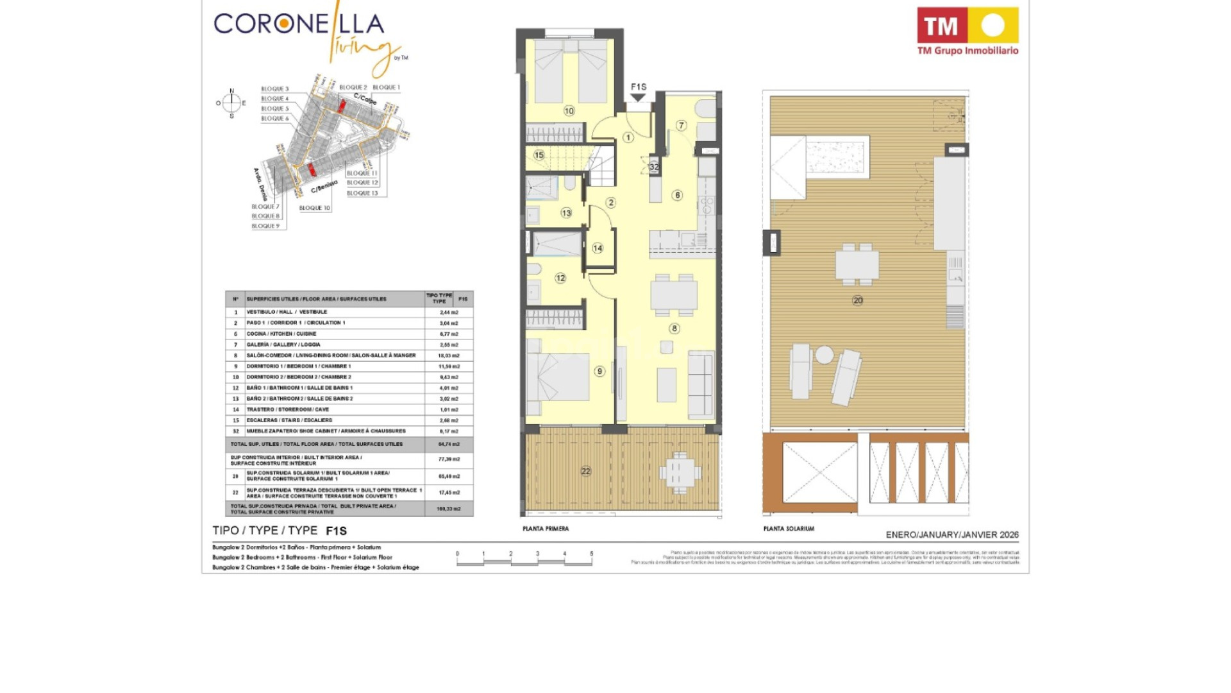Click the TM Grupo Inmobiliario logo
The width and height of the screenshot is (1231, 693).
(x=967, y=31)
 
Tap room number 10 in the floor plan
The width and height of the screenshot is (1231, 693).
(x=569, y=111)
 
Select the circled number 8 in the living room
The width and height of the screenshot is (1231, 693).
(x=674, y=329)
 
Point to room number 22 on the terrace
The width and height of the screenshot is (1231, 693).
(x=585, y=471)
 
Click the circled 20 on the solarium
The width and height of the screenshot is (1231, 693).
(x=858, y=300)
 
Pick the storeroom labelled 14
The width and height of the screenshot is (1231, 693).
(x=598, y=248)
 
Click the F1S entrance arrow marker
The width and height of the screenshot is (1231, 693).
(x=638, y=97)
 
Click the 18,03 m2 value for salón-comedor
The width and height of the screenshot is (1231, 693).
(x=449, y=355)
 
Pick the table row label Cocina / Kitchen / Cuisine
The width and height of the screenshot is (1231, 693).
(x=281, y=334)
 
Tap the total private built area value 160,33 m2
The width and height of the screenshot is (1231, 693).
(x=449, y=509)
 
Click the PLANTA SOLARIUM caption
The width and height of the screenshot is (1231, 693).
(x=789, y=529)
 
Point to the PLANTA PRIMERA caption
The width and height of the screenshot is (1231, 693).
(x=546, y=529)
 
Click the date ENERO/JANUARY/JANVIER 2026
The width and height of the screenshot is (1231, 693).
(x=952, y=535)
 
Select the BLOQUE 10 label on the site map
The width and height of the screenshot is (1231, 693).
(x=315, y=208)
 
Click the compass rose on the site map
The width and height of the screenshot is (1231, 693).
(x=231, y=103)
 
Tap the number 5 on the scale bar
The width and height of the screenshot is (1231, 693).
(x=591, y=553)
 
